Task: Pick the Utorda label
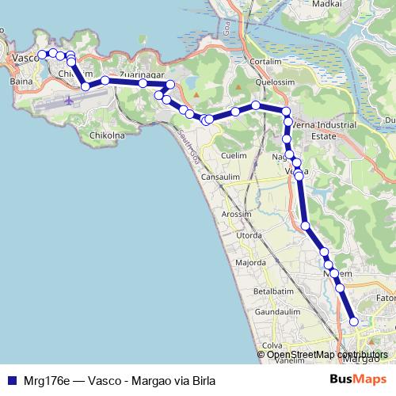(x=249, y=236)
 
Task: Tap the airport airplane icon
(x=70, y=100)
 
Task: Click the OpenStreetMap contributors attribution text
(x=326, y=355)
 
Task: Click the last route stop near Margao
(x=354, y=321)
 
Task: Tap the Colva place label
(x=272, y=345)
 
